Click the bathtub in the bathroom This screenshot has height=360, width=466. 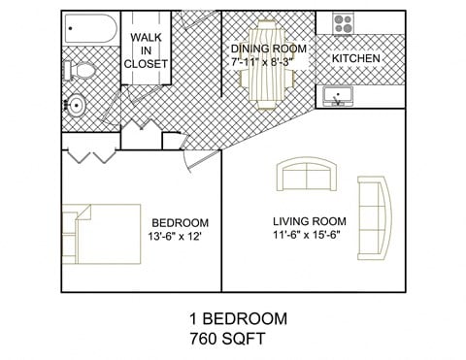point(89,29)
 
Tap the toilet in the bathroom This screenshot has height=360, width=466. point(80,70)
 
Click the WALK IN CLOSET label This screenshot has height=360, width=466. point(146,50)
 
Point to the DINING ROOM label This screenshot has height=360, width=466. point(269,48)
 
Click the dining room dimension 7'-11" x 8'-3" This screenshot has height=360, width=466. point(262,61)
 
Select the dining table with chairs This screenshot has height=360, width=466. point(269,63)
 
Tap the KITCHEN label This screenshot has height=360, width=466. point(356,59)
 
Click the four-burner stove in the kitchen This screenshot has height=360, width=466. point(343,22)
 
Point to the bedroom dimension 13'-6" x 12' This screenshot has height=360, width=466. point(177,235)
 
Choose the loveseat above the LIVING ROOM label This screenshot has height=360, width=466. point(310,177)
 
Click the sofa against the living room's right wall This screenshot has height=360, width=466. point(373,213)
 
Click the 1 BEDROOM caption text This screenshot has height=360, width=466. point(237,319)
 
